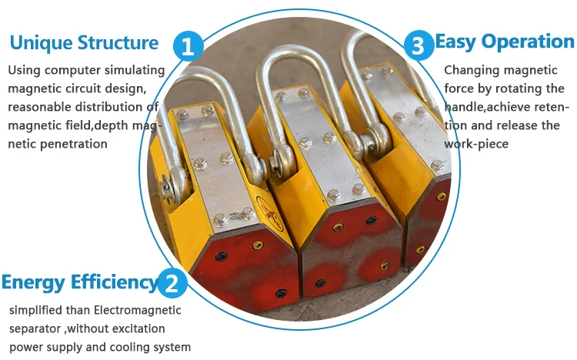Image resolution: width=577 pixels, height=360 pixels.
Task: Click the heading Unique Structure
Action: [84, 43]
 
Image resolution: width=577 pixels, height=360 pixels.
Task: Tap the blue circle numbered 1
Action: [188, 46]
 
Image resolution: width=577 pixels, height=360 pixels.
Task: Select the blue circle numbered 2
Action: [172, 283]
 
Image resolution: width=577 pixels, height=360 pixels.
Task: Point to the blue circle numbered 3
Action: [419, 45]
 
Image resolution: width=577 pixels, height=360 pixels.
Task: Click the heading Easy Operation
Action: [505, 42]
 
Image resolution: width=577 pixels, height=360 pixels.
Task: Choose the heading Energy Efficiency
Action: [80, 283]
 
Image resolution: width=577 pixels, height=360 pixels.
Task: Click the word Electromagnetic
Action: [137, 310]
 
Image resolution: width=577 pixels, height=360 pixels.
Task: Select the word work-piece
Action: [476, 144]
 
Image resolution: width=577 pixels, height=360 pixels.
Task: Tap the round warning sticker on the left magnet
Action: [270, 214]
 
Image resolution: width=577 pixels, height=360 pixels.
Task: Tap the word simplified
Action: [36, 310]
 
